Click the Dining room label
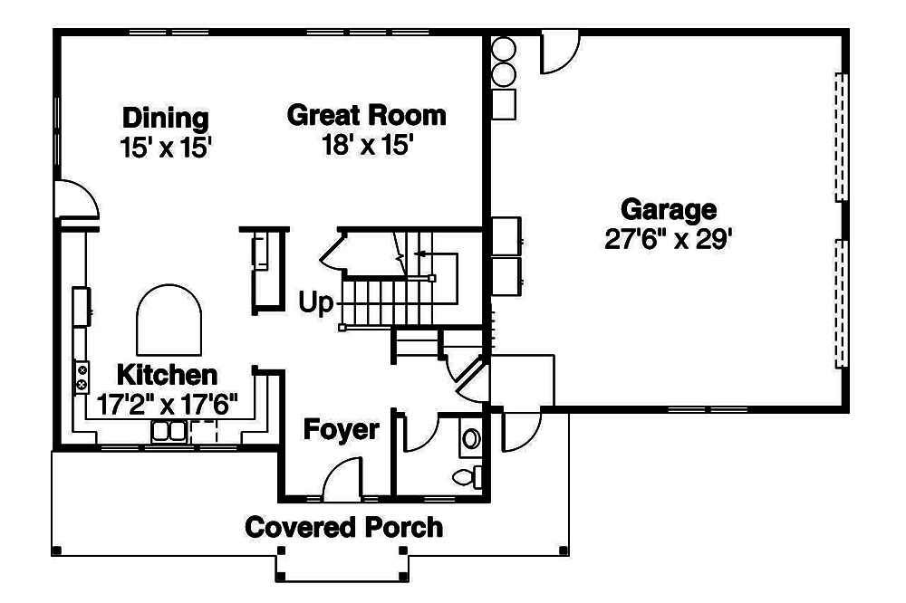pos(166,118)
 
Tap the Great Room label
pos(366,116)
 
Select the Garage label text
pos(669,210)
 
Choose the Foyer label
pos(341,429)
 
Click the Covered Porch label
pos(344,526)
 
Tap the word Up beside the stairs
pos(316,302)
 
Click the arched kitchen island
pos(169,321)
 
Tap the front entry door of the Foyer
pos(342,479)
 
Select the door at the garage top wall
pos(558,53)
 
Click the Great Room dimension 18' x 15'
pos(366,145)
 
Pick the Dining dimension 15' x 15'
pos(166,147)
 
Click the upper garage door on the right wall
pos(840,136)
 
